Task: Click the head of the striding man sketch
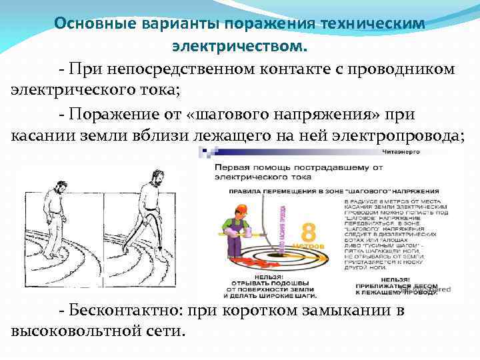pyautogui.click(x=153, y=174)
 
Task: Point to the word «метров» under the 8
pyautogui.click(x=313, y=246)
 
